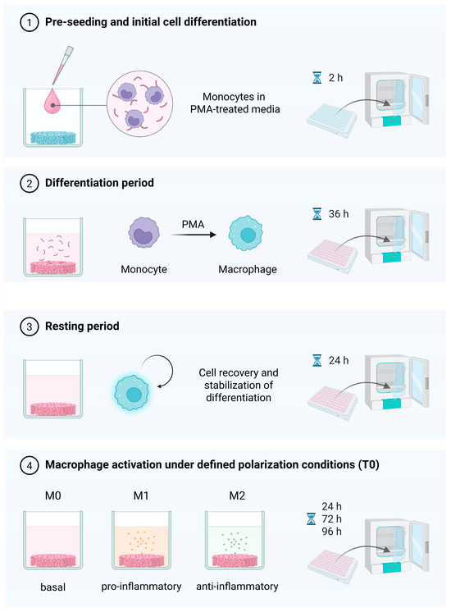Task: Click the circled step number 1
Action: coord(30,22)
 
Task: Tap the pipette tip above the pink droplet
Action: coord(62,65)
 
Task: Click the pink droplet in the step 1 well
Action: coord(52,101)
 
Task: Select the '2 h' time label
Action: coord(335,78)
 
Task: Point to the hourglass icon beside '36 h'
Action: coord(317,214)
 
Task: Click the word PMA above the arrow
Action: coord(194,225)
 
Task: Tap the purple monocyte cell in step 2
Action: coord(144,233)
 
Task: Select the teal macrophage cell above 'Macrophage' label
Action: coord(245,234)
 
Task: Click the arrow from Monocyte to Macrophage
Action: coord(194,235)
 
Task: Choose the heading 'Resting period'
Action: coord(82,326)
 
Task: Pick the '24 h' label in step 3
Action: coord(338,360)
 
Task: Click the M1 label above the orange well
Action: coord(141,496)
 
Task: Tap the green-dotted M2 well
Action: coord(235,540)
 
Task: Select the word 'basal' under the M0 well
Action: coord(53,587)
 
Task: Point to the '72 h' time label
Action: coord(331,518)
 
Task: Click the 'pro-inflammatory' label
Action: coord(141,587)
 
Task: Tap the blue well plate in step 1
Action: coord(332,120)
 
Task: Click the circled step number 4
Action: coord(30,466)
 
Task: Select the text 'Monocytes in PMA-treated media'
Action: coord(235,103)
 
